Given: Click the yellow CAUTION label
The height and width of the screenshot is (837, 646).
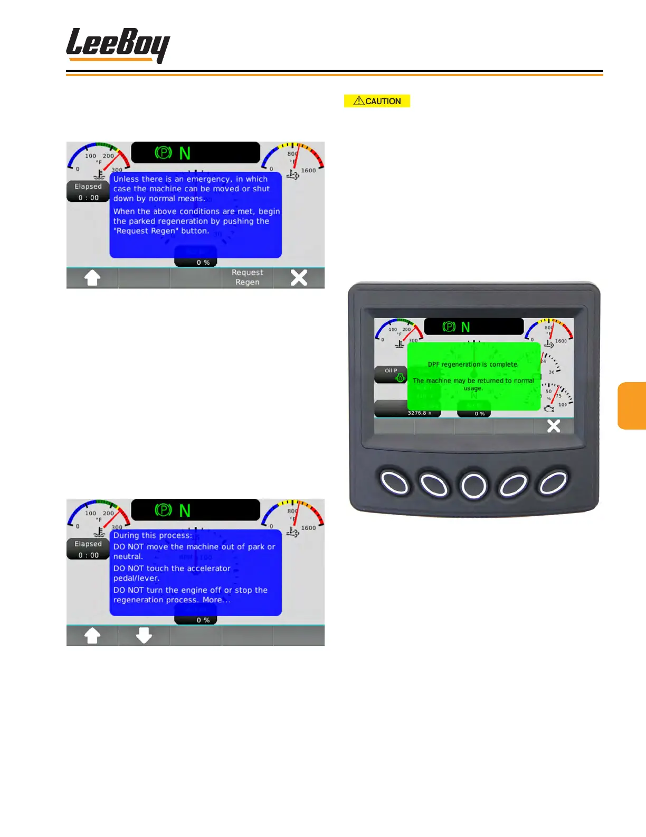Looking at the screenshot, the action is tap(377, 101).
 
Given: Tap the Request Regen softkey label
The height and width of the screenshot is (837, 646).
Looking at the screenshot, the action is tap(247, 277).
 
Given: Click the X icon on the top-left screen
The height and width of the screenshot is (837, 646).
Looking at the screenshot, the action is tap(299, 277).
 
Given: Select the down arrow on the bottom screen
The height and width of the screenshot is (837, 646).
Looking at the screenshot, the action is tap(144, 635).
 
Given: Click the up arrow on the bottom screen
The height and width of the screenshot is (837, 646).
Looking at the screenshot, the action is tap(92, 635).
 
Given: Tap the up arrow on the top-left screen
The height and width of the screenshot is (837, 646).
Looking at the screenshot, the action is tap(92, 277).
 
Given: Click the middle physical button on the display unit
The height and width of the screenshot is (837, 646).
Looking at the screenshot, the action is tap(473, 485).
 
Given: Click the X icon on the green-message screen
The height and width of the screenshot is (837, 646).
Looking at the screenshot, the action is tap(553, 426).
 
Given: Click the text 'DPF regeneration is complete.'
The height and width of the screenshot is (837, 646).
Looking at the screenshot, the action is tap(473, 364).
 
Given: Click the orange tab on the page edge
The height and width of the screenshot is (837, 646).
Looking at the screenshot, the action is tap(632, 405).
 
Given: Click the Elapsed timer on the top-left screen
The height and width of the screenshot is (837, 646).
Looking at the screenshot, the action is tap(88, 192).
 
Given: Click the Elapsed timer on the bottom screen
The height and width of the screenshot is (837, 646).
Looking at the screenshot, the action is tap(88, 550).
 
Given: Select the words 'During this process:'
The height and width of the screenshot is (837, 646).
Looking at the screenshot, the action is tap(153, 535).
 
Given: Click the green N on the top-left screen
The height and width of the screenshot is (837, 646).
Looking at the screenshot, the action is tap(185, 153).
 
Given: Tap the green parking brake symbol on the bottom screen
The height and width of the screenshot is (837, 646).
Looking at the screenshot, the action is tap(163, 510).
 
